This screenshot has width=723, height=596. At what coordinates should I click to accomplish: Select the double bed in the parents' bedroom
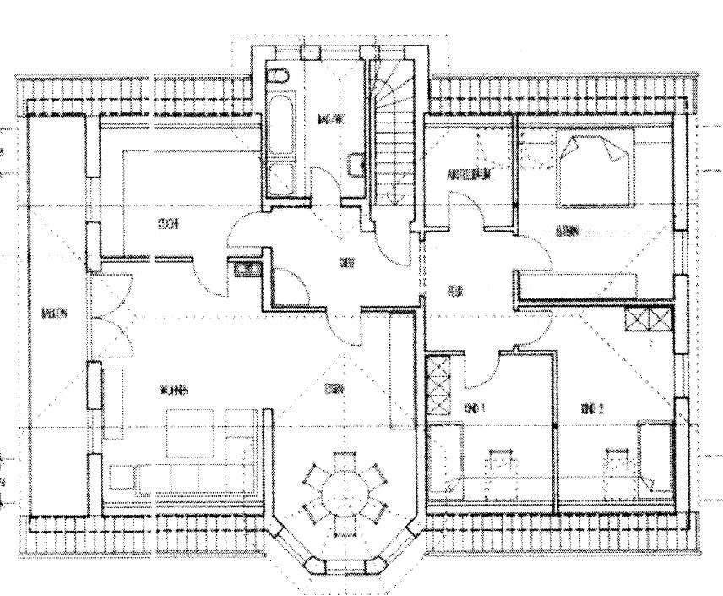coord(595,168)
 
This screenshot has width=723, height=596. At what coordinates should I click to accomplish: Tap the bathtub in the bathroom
coord(280,131)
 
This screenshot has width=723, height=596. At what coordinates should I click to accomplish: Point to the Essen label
coord(334,390)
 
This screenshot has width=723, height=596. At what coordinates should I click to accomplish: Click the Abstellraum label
coord(470,175)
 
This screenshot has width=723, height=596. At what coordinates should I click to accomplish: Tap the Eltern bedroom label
coord(567,231)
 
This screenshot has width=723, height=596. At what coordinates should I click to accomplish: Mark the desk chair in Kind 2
coord(617,461)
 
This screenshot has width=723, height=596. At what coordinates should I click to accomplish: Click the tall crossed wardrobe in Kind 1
coord(438,386)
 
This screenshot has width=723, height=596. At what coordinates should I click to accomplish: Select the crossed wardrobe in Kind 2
coord(649,321)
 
